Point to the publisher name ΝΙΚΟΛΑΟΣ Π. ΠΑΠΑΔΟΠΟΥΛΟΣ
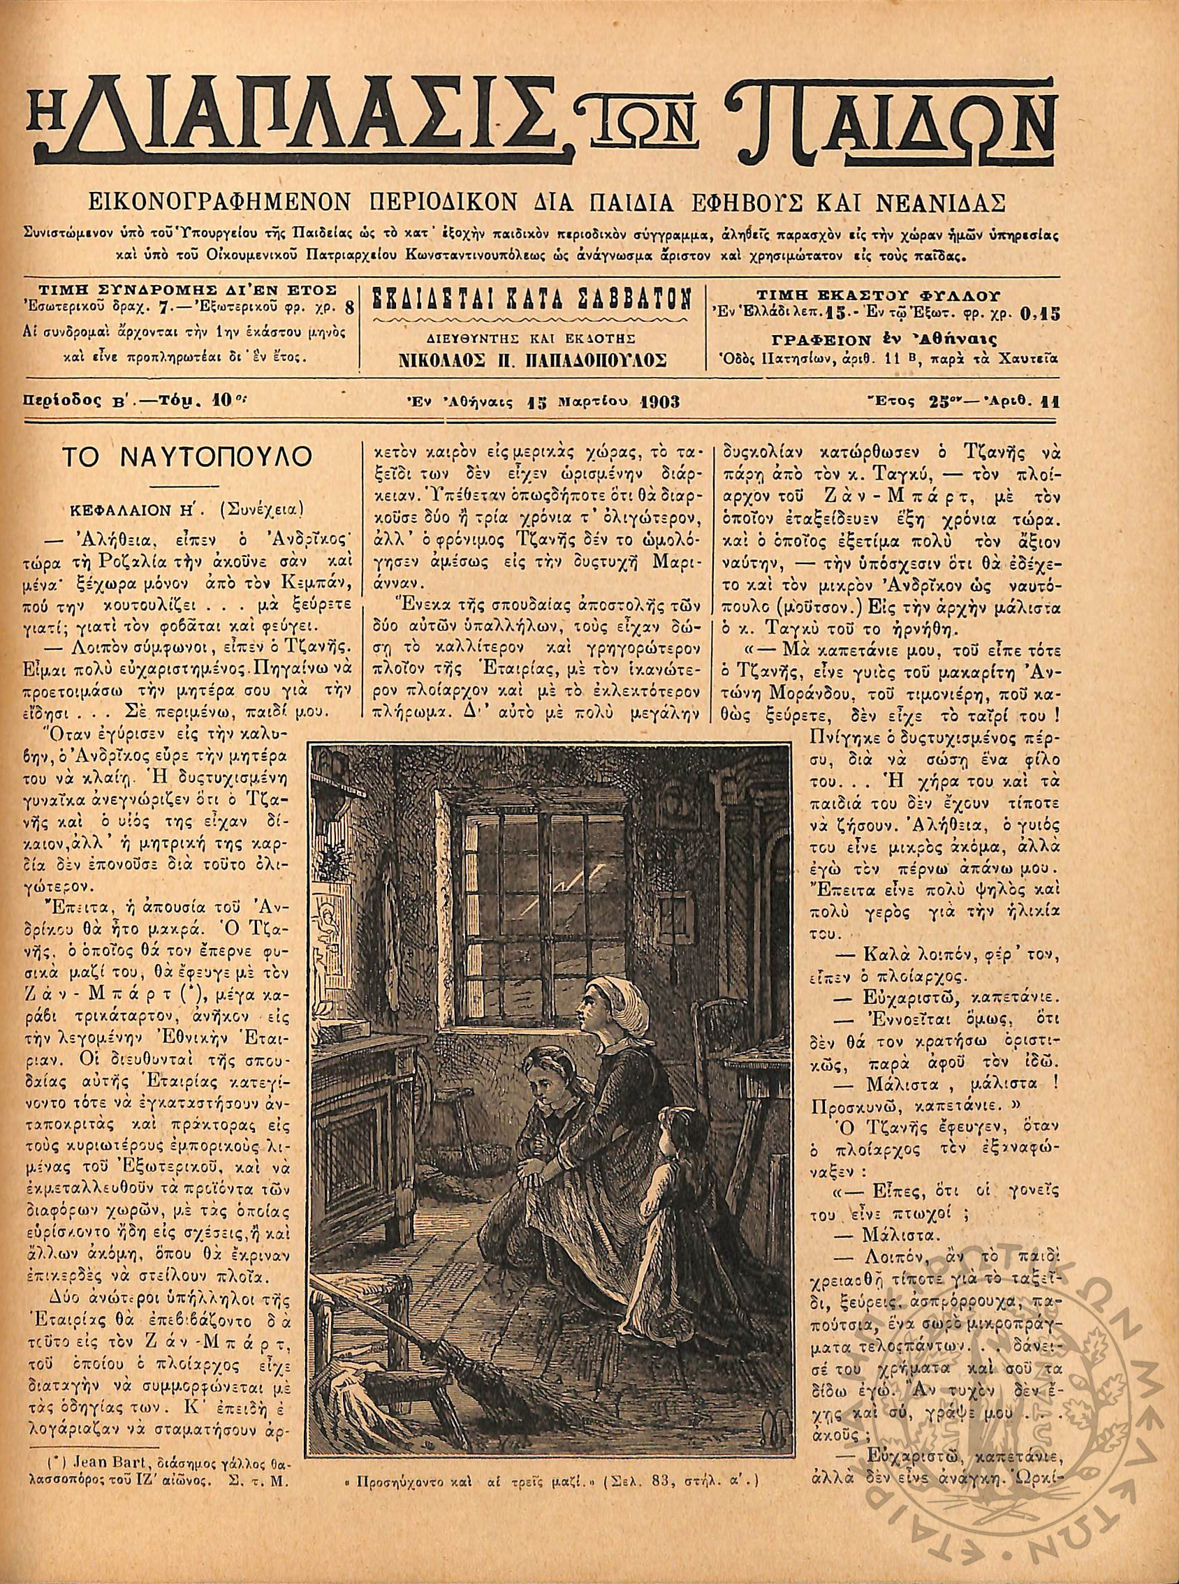(534, 360)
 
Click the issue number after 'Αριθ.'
(1053, 401)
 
